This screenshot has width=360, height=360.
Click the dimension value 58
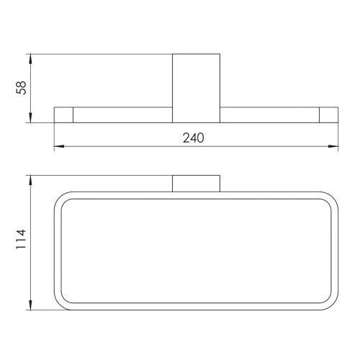click(21, 88)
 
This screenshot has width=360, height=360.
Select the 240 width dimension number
click(194, 138)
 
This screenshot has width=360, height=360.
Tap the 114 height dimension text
click(21, 239)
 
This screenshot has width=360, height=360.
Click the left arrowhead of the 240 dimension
click(59, 146)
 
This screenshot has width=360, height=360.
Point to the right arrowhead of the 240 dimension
click(333, 146)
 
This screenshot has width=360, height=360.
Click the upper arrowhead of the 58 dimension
click(30, 59)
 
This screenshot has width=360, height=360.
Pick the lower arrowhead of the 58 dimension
click(30, 117)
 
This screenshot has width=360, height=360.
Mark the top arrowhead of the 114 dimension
click(30, 181)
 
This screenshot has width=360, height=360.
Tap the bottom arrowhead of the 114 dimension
click(30, 305)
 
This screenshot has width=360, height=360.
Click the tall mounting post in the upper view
click(196, 89)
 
